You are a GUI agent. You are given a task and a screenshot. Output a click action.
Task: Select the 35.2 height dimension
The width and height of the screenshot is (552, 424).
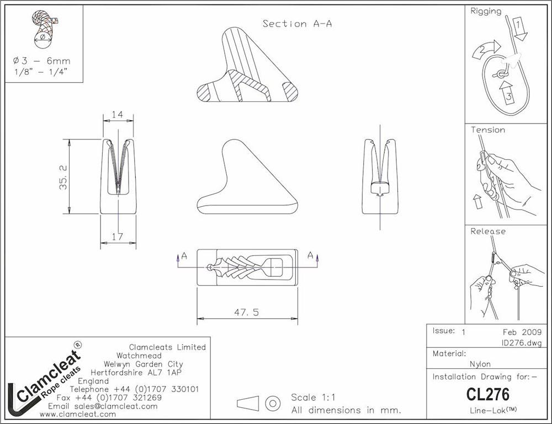coord(64,176)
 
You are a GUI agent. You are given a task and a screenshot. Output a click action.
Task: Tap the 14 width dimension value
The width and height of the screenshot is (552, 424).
coord(118,115)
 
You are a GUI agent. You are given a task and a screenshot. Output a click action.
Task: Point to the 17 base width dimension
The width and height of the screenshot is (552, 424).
coord(118,236)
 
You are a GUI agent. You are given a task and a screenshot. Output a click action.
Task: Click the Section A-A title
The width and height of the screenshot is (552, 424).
coord(297,24)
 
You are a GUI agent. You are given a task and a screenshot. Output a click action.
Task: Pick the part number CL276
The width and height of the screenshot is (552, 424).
coord(488,394)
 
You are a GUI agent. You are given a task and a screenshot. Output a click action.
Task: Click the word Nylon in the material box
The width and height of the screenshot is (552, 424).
coord(480,364)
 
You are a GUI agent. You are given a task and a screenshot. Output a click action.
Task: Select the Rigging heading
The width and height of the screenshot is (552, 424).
coord(486,11)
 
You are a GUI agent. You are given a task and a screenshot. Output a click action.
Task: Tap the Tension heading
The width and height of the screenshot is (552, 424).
coord(487,130)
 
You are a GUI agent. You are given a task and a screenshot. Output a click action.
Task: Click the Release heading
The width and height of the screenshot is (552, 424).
coord(488,232)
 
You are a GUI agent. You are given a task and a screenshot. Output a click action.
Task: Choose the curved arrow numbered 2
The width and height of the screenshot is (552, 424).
coord(483,51)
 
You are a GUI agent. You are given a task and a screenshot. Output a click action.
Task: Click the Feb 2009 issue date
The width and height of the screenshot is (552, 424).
coord(519,332)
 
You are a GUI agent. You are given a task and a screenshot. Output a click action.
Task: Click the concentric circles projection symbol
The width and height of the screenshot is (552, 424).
coord(273,403)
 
